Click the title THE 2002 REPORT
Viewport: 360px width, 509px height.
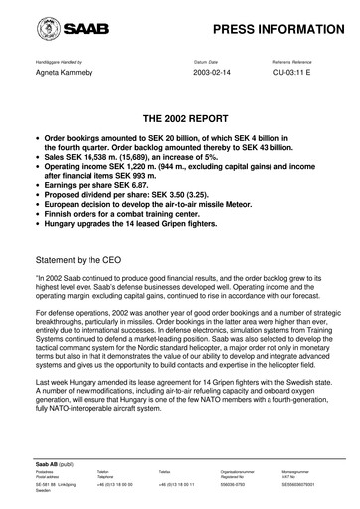[x=179, y=114]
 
